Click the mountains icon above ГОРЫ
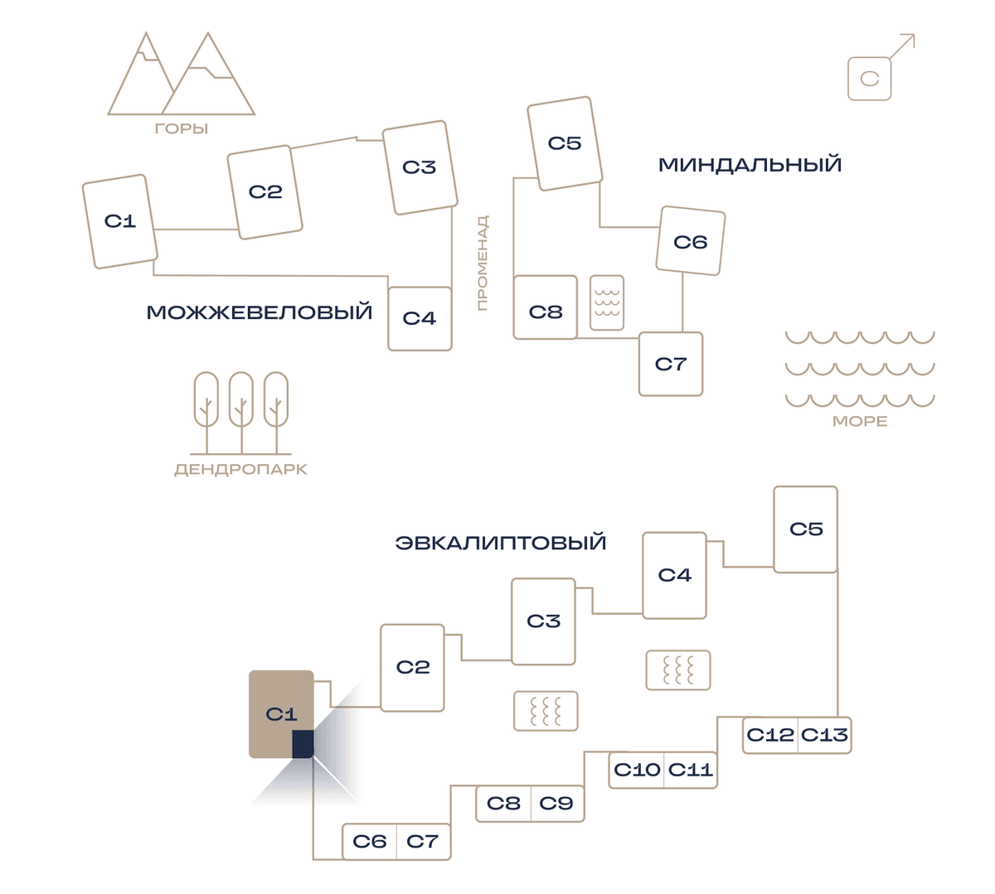[181, 75]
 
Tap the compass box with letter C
[869, 79]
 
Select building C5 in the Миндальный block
[565, 143]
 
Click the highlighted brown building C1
[281, 714]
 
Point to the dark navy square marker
[303, 744]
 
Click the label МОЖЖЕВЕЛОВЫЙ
[259, 312]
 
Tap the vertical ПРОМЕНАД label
[482, 263]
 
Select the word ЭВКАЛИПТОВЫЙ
[501, 543]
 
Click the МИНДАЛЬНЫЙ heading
[750, 165]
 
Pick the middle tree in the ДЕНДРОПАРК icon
[241, 413]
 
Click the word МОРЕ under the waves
[860, 422]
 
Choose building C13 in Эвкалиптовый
[824, 735]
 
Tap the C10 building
[636, 770]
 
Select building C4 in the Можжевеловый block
[420, 318]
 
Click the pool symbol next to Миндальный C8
[607, 302]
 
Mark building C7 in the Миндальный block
[671, 364]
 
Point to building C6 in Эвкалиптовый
[370, 842]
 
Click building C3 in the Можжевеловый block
[420, 167]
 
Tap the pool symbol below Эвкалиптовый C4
[678, 670]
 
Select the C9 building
[557, 803]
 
